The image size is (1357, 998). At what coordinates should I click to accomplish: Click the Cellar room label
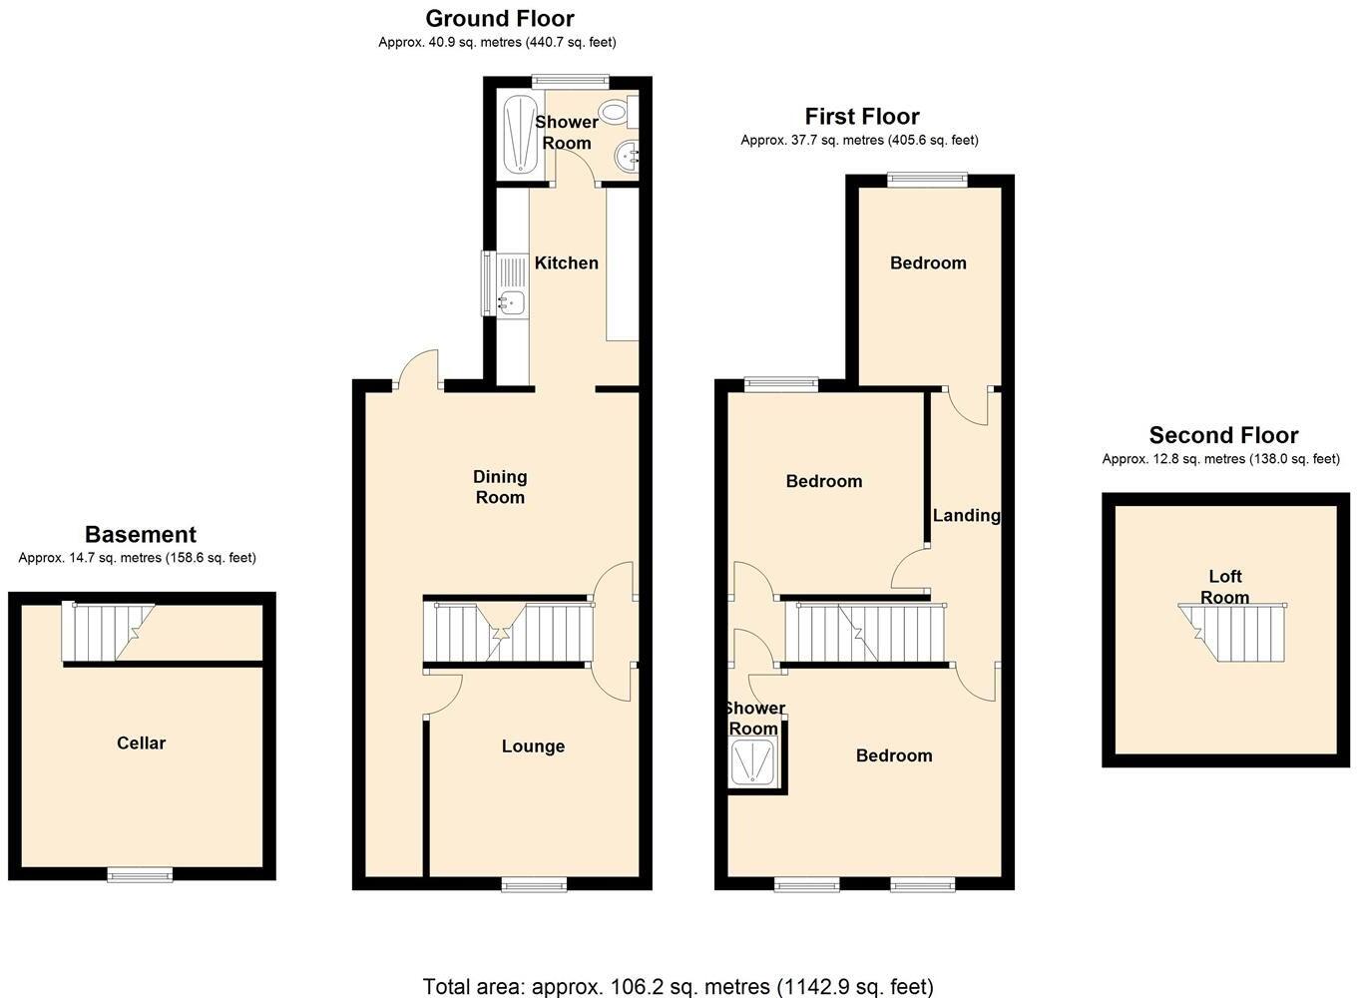click(x=141, y=743)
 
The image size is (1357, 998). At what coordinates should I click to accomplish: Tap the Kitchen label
click(x=567, y=262)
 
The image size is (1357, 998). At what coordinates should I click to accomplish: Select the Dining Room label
click(x=500, y=487)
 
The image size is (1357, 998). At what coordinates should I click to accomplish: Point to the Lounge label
click(x=533, y=746)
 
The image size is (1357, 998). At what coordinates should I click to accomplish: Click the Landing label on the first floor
click(x=966, y=515)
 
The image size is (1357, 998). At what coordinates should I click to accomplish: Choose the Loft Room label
click(x=1224, y=587)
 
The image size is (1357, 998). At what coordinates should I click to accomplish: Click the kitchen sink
click(x=512, y=299)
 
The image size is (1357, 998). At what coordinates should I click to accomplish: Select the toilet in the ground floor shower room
click(x=614, y=112)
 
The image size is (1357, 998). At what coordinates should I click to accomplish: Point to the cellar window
click(x=140, y=875)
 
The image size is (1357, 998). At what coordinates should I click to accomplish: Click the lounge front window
click(x=534, y=883)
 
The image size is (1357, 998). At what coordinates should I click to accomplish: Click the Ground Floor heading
click(x=500, y=18)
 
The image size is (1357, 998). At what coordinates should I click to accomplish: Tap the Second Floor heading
click(x=1223, y=435)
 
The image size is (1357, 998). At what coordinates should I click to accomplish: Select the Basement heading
click(x=141, y=534)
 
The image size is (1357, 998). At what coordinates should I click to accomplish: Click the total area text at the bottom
click(x=678, y=986)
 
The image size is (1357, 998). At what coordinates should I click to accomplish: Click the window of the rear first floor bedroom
click(x=928, y=179)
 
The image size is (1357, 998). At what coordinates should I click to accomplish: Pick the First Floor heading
click(x=862, y=116)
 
